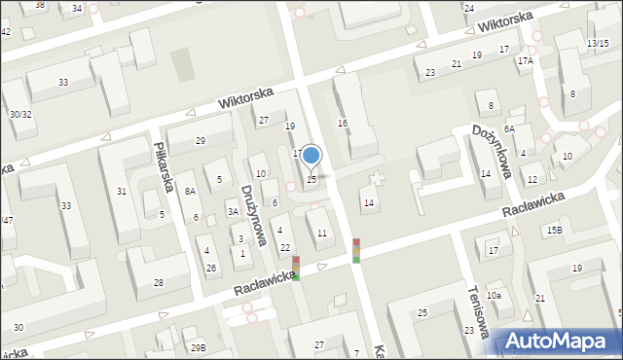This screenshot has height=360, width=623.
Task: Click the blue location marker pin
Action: [311, 156]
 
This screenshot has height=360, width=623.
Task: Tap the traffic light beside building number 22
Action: [296, 268]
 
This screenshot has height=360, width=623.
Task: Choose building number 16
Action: [343, 124]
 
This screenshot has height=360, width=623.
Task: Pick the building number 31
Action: [122, 191]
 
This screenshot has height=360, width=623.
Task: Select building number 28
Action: [158, 282]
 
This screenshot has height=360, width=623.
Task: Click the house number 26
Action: [210, 268]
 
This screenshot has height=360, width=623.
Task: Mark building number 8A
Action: [190, 192]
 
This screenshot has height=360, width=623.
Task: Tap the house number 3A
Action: [233, 211]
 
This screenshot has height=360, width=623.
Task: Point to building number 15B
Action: [554, 230]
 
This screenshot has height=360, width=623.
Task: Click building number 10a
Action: [495, 295]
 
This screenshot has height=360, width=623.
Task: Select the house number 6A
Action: [509, 128]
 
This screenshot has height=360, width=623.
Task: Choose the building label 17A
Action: [526, 60]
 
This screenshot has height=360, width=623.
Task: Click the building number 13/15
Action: [598, 44]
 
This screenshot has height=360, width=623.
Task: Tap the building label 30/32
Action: [20, 114]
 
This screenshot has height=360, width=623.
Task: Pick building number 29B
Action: [199, 347]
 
